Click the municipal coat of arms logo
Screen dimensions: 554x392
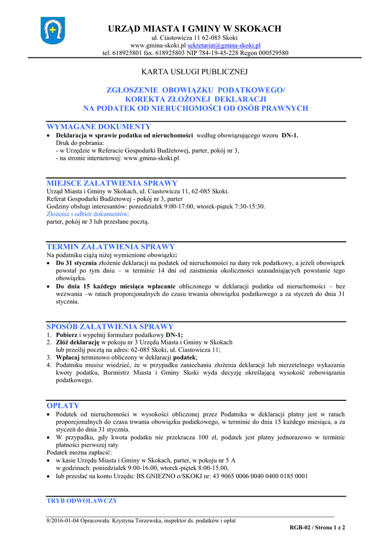click(x=52, y=30)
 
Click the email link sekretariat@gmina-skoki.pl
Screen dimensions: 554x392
click(x=224, y=45)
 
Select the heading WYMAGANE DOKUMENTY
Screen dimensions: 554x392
click(x=99, y=127)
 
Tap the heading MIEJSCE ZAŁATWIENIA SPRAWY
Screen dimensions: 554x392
click(x=112, y=183)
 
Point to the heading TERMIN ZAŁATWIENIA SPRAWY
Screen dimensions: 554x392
click(x=111, y=247)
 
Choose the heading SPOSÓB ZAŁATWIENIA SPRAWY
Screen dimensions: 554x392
click(x=110, y=326)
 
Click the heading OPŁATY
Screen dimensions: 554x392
click(x=63, y=405)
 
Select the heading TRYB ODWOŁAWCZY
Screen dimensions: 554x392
click(x=82, y=501)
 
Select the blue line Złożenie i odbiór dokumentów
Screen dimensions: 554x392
click(x=88, y=214)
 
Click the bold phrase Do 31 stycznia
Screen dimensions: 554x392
click(x=76, y=262)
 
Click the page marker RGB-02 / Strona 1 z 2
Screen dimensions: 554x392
click(x=317, y=527)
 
